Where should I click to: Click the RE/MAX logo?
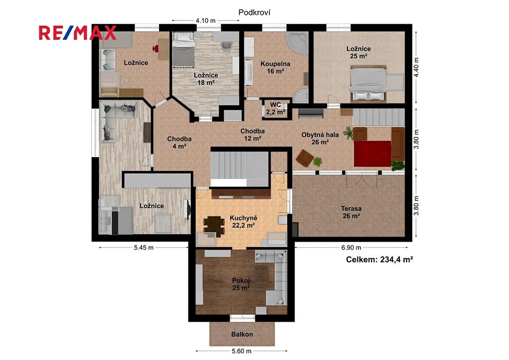tap(78, 33)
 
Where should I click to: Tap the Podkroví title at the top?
tap(254, 12)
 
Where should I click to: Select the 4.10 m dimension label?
tap(205, 21)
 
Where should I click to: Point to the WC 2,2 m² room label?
tap(275, 109)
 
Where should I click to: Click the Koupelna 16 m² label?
tap(275, 68)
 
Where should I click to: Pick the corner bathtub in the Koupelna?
tap(297, 43)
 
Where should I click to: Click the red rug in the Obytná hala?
tap(372, 154)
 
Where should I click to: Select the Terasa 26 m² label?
tap(351, 212)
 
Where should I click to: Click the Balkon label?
tap(242, 334)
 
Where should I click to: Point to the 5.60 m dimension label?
tap(242, 351)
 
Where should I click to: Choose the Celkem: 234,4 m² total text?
tap(379, 260)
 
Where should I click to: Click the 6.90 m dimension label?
tap(351, 248)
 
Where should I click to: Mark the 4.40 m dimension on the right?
tap(417, 67)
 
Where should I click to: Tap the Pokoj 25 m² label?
tap(241, 284)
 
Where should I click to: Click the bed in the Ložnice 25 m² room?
tap(368, 84)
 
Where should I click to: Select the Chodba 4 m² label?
tap(179, 143)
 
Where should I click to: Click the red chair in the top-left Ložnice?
tap(156, 49)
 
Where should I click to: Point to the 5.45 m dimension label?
tap(144, 248)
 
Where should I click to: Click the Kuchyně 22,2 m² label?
tap(244, 222)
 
